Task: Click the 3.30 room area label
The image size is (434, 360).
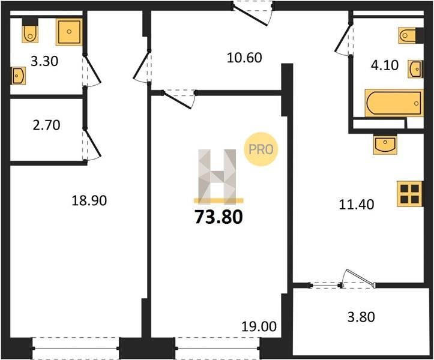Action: coord(44,61)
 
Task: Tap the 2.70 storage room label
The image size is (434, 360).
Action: coord(46,125)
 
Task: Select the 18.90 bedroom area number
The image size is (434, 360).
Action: coord(89,200)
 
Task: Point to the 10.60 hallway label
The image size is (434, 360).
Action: coord(244,58)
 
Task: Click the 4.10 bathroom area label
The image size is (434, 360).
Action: coord(385,65)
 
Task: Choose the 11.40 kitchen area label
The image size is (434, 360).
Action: coord(357,205)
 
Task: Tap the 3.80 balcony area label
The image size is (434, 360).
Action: coord(361,317)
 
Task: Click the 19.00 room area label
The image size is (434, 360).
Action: coord(259,326)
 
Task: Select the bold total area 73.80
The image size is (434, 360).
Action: coord(219,217)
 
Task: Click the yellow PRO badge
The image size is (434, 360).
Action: coord(261,149)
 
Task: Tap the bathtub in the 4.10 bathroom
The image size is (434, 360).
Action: coord(394,103)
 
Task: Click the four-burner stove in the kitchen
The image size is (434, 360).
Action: coord(410,194)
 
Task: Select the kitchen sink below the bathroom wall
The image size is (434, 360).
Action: coord(385,144)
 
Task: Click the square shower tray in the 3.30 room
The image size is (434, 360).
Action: coord(69,32)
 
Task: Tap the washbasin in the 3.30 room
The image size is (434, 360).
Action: coord(18,76)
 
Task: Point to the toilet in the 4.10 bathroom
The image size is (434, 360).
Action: coord(408,35)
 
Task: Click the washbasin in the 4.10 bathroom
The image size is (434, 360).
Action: coord(415,68)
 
